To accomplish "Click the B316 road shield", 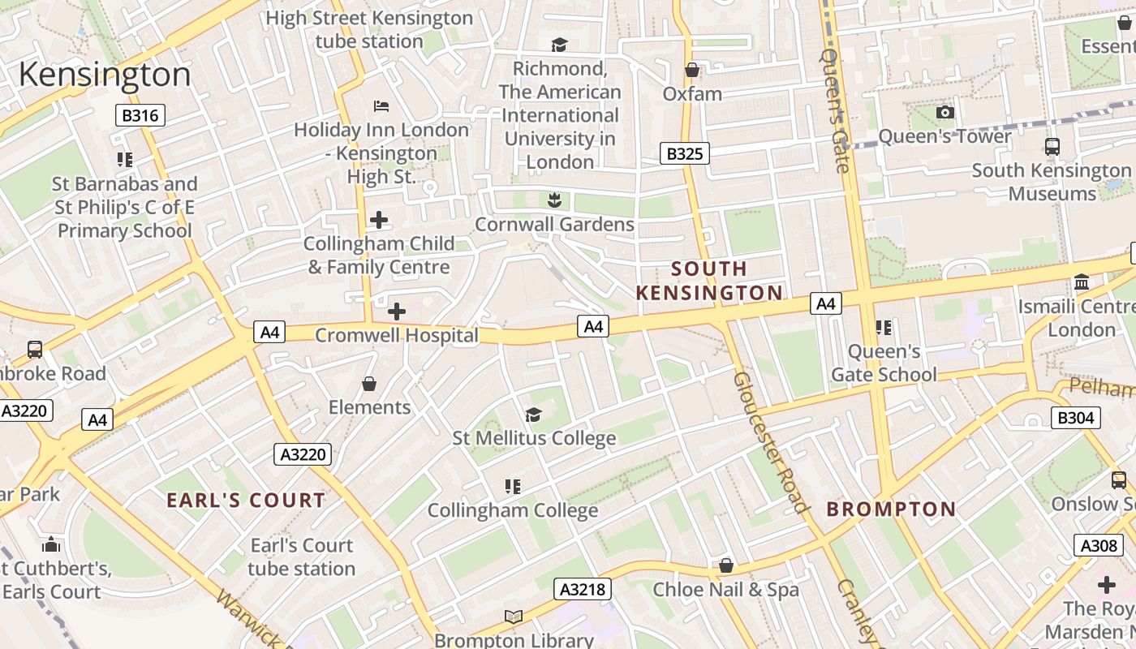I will click(140, 115).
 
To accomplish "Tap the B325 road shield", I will click(684, 153).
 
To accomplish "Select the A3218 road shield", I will click(583, 589).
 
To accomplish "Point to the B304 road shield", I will click(1076, 418).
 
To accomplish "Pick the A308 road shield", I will click(1099, 545).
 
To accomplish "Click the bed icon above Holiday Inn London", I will click(381, 106).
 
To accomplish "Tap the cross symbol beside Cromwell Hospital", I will click(397, 312).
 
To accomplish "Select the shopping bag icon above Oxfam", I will click(692, 71).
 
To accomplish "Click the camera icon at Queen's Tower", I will click(945, 113).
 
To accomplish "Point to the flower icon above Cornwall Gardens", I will click(554, 200).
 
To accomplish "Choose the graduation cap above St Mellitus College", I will click(533, 415).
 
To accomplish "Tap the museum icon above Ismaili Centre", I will click(1082, 282).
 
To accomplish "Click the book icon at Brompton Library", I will click(513, 617).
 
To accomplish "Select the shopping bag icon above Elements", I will click(369, 383).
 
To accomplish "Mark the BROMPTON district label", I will click(891, 509).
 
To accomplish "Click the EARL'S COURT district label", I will click(246, 501).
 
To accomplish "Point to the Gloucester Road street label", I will click(771, 442).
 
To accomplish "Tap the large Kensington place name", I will click(105, 75).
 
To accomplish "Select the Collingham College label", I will click(513, 510).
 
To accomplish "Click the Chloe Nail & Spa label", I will click(725, 590).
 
